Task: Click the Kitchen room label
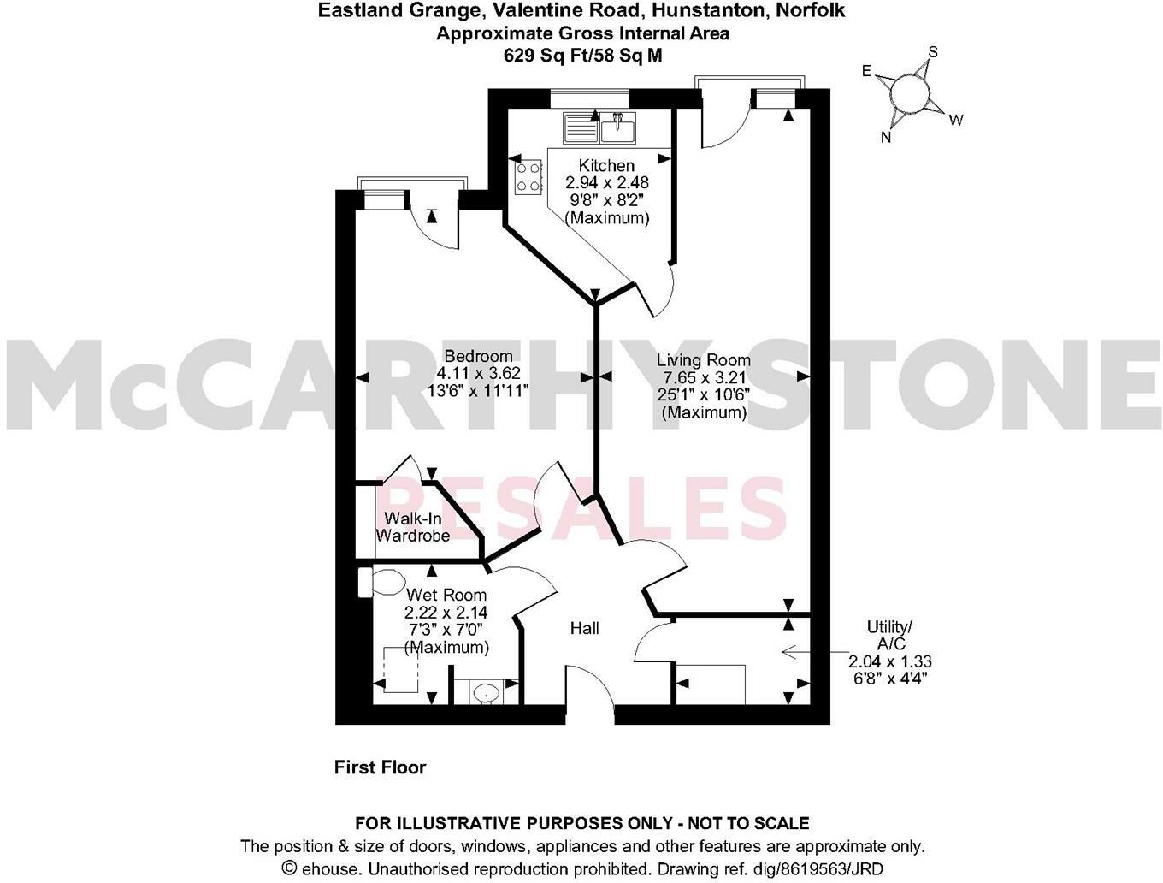606,165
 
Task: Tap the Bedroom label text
478,356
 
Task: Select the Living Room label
704,360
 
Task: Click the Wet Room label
446,595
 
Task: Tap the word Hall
585,628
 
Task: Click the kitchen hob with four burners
528,177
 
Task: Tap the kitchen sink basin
617,129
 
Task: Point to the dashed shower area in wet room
400,670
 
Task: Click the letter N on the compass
887,136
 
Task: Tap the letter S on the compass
933,52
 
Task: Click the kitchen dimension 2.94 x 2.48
606,182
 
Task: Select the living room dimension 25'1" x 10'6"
704,395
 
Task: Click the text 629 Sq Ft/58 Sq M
582,56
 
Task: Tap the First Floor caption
380,767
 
